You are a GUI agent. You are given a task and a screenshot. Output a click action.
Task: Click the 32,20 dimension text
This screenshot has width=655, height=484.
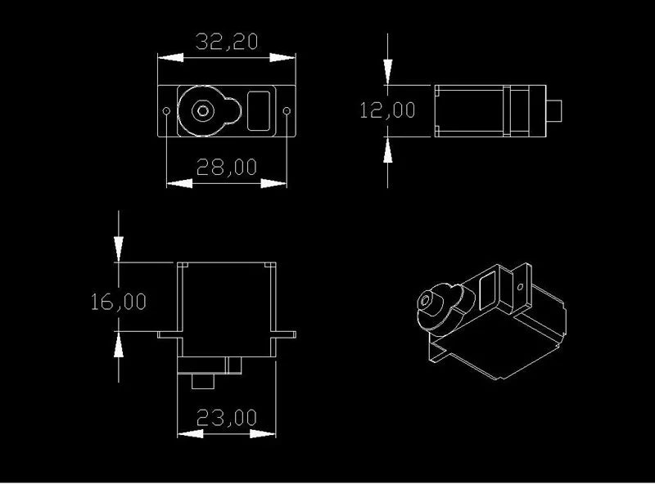pyautogui.click(x=227, y=42)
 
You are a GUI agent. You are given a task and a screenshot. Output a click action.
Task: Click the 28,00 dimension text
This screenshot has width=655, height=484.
pyautogui.click(x=227, y=168)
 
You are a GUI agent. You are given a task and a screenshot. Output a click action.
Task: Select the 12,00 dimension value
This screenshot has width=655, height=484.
pyautogui.click(x=387, y=110)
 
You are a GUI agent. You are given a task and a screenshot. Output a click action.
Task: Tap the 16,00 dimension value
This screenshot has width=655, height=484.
pyautogui.click(x=119, y=302)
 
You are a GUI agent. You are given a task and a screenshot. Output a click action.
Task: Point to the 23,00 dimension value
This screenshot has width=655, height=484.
pyautogui.click(x=227, y=418)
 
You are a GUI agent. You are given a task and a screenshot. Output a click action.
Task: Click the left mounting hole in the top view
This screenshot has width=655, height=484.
pyautogui.click(x=166, y=111)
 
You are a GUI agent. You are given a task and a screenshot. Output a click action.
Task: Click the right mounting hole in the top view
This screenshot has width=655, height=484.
pyautogui.click(x=287, y=111)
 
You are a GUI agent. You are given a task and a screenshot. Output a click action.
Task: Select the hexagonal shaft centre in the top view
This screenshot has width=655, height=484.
pyautogui.click(x=203, y=111)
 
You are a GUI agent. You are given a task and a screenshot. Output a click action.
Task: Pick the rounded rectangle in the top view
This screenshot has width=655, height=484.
pyautogui.click(x=259, y=111)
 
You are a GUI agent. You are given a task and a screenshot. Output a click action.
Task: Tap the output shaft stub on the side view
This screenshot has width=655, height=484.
pyautogui.click(x=554, y=111)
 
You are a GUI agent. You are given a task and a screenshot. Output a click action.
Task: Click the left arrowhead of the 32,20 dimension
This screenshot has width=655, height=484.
pyautogui.click(x=170, y=57)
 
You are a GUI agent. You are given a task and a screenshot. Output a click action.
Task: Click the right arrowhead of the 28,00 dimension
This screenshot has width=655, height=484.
pyautogui.click(x=274, y=183)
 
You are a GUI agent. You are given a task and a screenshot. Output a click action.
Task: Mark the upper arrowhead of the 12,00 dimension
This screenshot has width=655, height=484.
pyautogui.click(x=387, y=72)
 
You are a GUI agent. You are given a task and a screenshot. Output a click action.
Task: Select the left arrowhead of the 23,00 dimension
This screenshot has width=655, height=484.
pyautogui.click(x=191, y=434)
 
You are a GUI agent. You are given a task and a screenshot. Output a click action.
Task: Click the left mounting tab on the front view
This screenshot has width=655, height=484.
pyautogui.click(x=170, y=334)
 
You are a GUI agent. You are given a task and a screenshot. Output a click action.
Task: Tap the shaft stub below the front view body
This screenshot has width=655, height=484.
pyautogui.click(x=203, y=381)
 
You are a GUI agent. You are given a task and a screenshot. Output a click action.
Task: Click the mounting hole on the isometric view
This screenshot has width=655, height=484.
pyautogui.click(x=520, y=287)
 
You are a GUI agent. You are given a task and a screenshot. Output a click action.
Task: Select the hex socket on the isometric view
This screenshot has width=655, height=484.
pyautogui.click(x=426, y=301)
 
